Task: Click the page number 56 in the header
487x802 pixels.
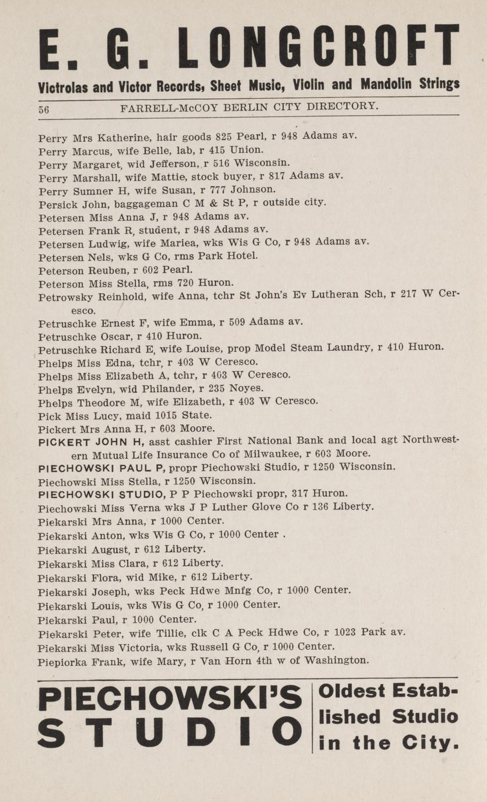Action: click(44, 109)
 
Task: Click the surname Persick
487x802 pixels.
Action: click(55, 205)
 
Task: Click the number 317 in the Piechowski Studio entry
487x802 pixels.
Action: click(296, 493)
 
